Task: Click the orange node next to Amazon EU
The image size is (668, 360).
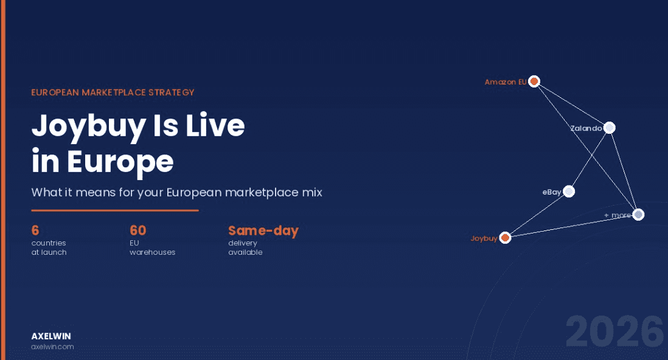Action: click(534, 81)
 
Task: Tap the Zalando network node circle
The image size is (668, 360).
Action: click(610, 128)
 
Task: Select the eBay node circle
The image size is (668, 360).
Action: click(569, 192)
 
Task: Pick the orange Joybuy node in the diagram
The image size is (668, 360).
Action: click(505, 238)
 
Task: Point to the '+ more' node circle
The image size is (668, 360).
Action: click(638, 215)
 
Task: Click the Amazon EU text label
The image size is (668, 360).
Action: click(505, 81)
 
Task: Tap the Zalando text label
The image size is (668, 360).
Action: click(586, 128)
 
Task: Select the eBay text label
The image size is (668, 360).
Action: click(551, 192)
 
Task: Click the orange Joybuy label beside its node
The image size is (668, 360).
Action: click(484, 238)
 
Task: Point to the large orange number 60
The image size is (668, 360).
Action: click(138, 230)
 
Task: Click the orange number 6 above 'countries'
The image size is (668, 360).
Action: click(35, 230)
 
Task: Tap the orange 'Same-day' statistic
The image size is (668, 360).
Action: click(263, 230)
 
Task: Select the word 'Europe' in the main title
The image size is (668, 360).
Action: click(120, 162)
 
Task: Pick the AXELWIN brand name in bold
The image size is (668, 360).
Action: click(51, 336)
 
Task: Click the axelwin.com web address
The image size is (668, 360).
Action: click(52, 347)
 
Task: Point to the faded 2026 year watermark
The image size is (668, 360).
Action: click(614, 332)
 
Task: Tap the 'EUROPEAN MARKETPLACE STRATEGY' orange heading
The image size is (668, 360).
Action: click(113, 92)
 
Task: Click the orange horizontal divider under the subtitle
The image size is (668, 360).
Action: click(115, 210)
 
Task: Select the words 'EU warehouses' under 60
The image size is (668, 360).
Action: click(152, 247)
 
